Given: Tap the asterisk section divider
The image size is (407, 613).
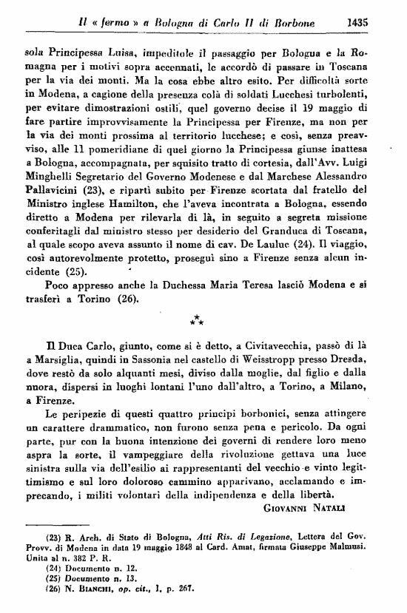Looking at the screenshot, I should coord(198,319).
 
